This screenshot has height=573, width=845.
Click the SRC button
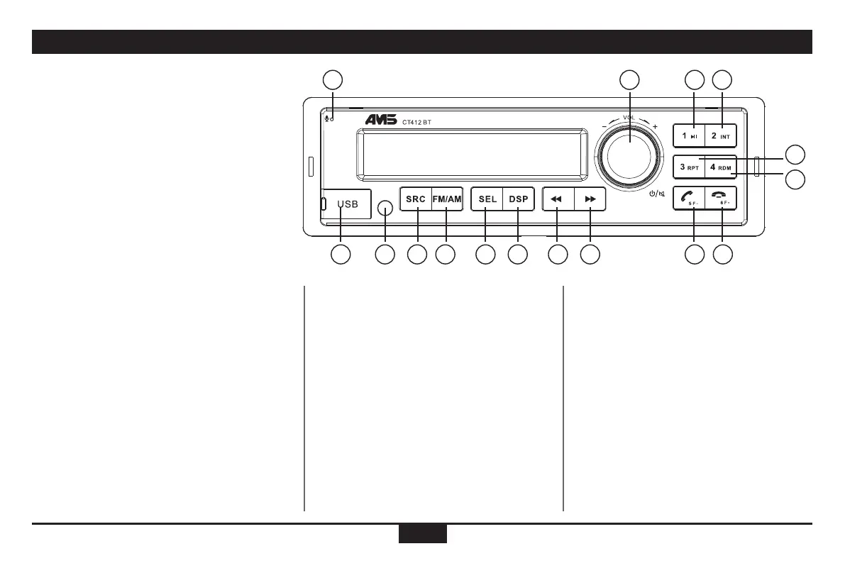pos(416,199)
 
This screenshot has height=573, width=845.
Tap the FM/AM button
pos(447,199)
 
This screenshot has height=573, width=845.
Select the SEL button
pos(487,199)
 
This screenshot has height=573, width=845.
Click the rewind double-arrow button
pos(558,200)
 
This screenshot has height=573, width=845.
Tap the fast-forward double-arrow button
pos(590,200)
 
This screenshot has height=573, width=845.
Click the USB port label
pos(348,204)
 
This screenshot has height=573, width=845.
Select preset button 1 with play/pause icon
pos(689,135)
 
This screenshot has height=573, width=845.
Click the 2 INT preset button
pos(721,135)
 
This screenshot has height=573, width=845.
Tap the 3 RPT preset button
pos(689,167)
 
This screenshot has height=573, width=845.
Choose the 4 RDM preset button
pos(721,167)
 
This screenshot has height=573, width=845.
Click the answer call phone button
pos(689,199)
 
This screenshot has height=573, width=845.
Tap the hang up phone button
pos(721,199)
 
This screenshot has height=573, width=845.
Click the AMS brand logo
pos(385,121)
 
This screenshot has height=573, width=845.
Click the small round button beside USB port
pos(385,208)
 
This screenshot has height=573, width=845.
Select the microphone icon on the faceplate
pos(327,117)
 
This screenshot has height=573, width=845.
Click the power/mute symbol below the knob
pos(657,194)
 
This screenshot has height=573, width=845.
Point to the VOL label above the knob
pos(629,118)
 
